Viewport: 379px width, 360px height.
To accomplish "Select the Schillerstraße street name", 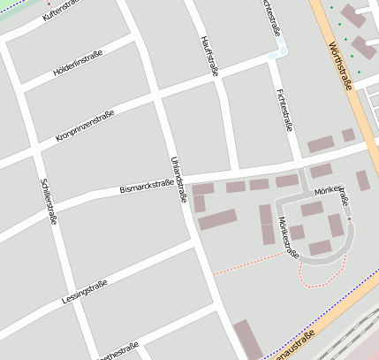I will tap(48, 201).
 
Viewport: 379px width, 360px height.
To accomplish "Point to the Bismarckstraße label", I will tap(146, 186).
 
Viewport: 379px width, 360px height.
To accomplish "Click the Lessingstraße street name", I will tap(85, 291).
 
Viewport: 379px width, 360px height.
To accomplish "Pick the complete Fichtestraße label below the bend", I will tap(284, 111).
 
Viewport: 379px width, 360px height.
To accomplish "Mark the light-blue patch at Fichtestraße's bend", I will tap(277, 52).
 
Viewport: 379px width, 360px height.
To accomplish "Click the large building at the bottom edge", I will tap(247, 341).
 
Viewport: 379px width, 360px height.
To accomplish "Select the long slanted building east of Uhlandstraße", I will tap(217, 219).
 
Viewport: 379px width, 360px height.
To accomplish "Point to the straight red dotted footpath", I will tap(249, 264).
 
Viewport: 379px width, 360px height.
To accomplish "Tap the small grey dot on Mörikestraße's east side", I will tap(349, 218).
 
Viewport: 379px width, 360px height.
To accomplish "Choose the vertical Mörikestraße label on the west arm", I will tap(288, 237).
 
